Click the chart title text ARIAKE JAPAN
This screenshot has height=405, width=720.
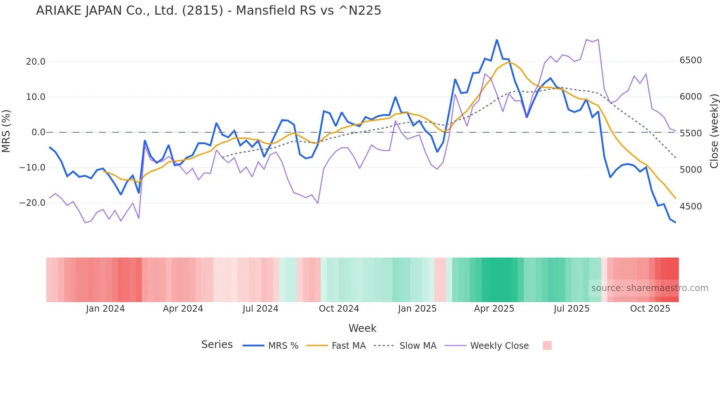tap(208, 11)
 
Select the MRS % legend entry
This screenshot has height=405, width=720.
tap(283, 346)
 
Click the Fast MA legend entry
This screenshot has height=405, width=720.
tap(348, 346)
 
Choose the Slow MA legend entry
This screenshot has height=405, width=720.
tap(418, 346)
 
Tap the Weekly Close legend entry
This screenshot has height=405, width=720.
tap(499, 346)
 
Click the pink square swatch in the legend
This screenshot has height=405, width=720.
tap(547, 345)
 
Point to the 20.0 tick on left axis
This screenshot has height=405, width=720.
tap(36, 62)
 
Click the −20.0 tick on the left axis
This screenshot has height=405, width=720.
tap(32, 203)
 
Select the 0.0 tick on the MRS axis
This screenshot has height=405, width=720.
tap(38, 132)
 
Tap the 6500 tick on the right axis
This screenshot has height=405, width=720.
tap(691, 60)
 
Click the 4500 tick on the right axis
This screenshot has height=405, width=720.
tap(691, 207)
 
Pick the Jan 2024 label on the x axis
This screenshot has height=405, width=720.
tap(105, 309)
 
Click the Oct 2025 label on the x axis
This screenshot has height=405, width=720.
tap(650, 309)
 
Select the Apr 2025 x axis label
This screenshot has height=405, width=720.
tap(494, 309)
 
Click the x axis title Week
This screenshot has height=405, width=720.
tap(362, 328)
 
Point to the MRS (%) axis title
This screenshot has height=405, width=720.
tap(6, 131)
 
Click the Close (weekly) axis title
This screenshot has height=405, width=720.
tap(714, 131)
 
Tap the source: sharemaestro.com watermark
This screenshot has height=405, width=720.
tap(649, 288)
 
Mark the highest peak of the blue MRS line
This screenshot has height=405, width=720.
tap(497, 40)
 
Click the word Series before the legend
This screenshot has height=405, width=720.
tap(217, 345)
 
